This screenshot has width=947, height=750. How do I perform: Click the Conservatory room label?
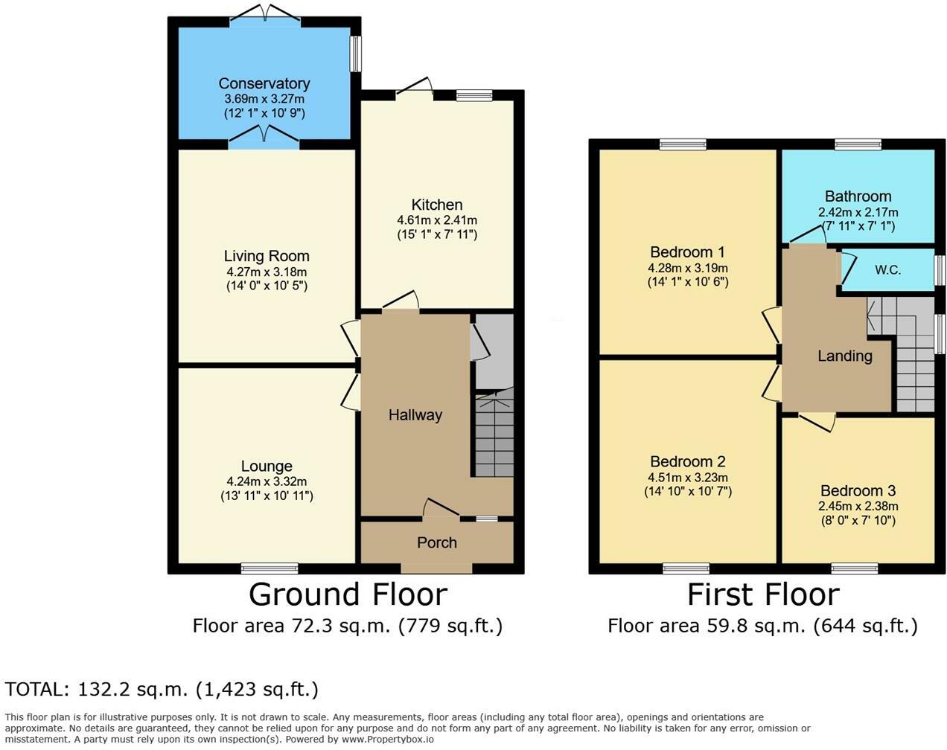tap(264, 83)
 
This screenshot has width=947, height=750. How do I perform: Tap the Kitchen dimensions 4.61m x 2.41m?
tap(437, 220)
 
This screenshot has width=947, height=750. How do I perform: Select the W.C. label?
tap(887, 270)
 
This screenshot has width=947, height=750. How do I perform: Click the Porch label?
tap(436, 542)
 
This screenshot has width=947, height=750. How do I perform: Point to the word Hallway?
tap(415, 415)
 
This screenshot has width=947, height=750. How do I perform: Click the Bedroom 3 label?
tap(858, 491)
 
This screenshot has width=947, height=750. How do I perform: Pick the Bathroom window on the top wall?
tap(858, 144)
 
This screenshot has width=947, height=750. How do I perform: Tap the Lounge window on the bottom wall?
tap(270, 569)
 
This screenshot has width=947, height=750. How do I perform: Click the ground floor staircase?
tap(494, 436)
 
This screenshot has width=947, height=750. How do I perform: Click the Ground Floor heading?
tap(348, 594)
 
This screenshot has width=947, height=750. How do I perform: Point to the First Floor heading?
tap(762, 594)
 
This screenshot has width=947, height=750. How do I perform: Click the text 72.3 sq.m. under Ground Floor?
tap(339, 626)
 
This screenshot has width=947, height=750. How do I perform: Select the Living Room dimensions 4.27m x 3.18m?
tap(266, 272)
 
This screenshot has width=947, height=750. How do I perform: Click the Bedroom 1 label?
tap(686, 252)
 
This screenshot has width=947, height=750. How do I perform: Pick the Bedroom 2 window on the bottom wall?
tap(686, 569)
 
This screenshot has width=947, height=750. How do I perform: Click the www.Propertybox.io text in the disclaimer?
tap(387, 740)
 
